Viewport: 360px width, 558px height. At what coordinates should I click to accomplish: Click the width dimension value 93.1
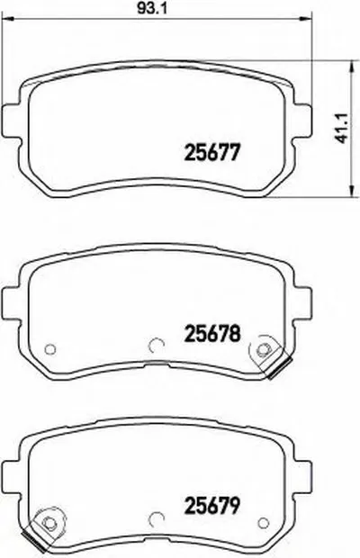pos(157,12)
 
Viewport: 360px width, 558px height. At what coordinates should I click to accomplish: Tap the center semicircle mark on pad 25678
pos(155,344)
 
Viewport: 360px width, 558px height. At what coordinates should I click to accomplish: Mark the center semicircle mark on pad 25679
pos(155,517)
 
